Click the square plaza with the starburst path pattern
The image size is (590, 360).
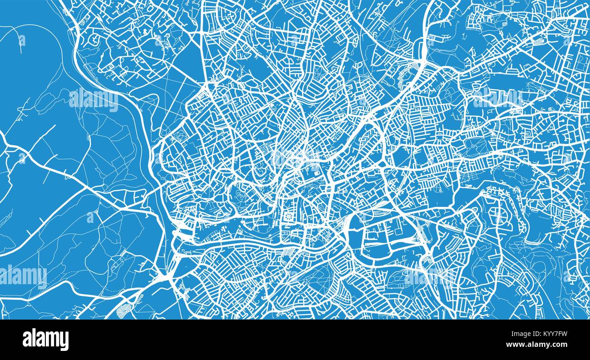point(289,217)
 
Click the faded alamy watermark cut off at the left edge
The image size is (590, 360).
point(23,275)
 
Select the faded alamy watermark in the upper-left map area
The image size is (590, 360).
point(93,99)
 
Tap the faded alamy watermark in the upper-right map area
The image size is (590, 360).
point(497,98)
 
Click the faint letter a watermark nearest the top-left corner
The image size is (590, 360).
point(22,41)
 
